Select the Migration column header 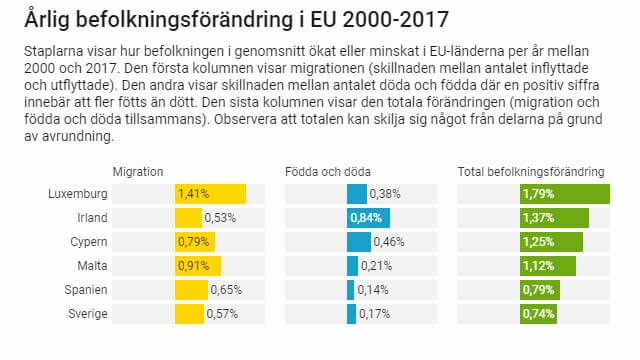(138, 172)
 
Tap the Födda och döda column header (327, 172)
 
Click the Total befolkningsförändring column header (531, 172)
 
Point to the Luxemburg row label (77, 193)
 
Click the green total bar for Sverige (539, 313)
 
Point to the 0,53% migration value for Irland (220, 217)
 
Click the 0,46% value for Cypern (389, 241)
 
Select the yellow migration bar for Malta (197, 265)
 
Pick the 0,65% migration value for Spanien (226, 289)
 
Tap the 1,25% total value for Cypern (538, 241)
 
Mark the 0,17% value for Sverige (374, 313)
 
